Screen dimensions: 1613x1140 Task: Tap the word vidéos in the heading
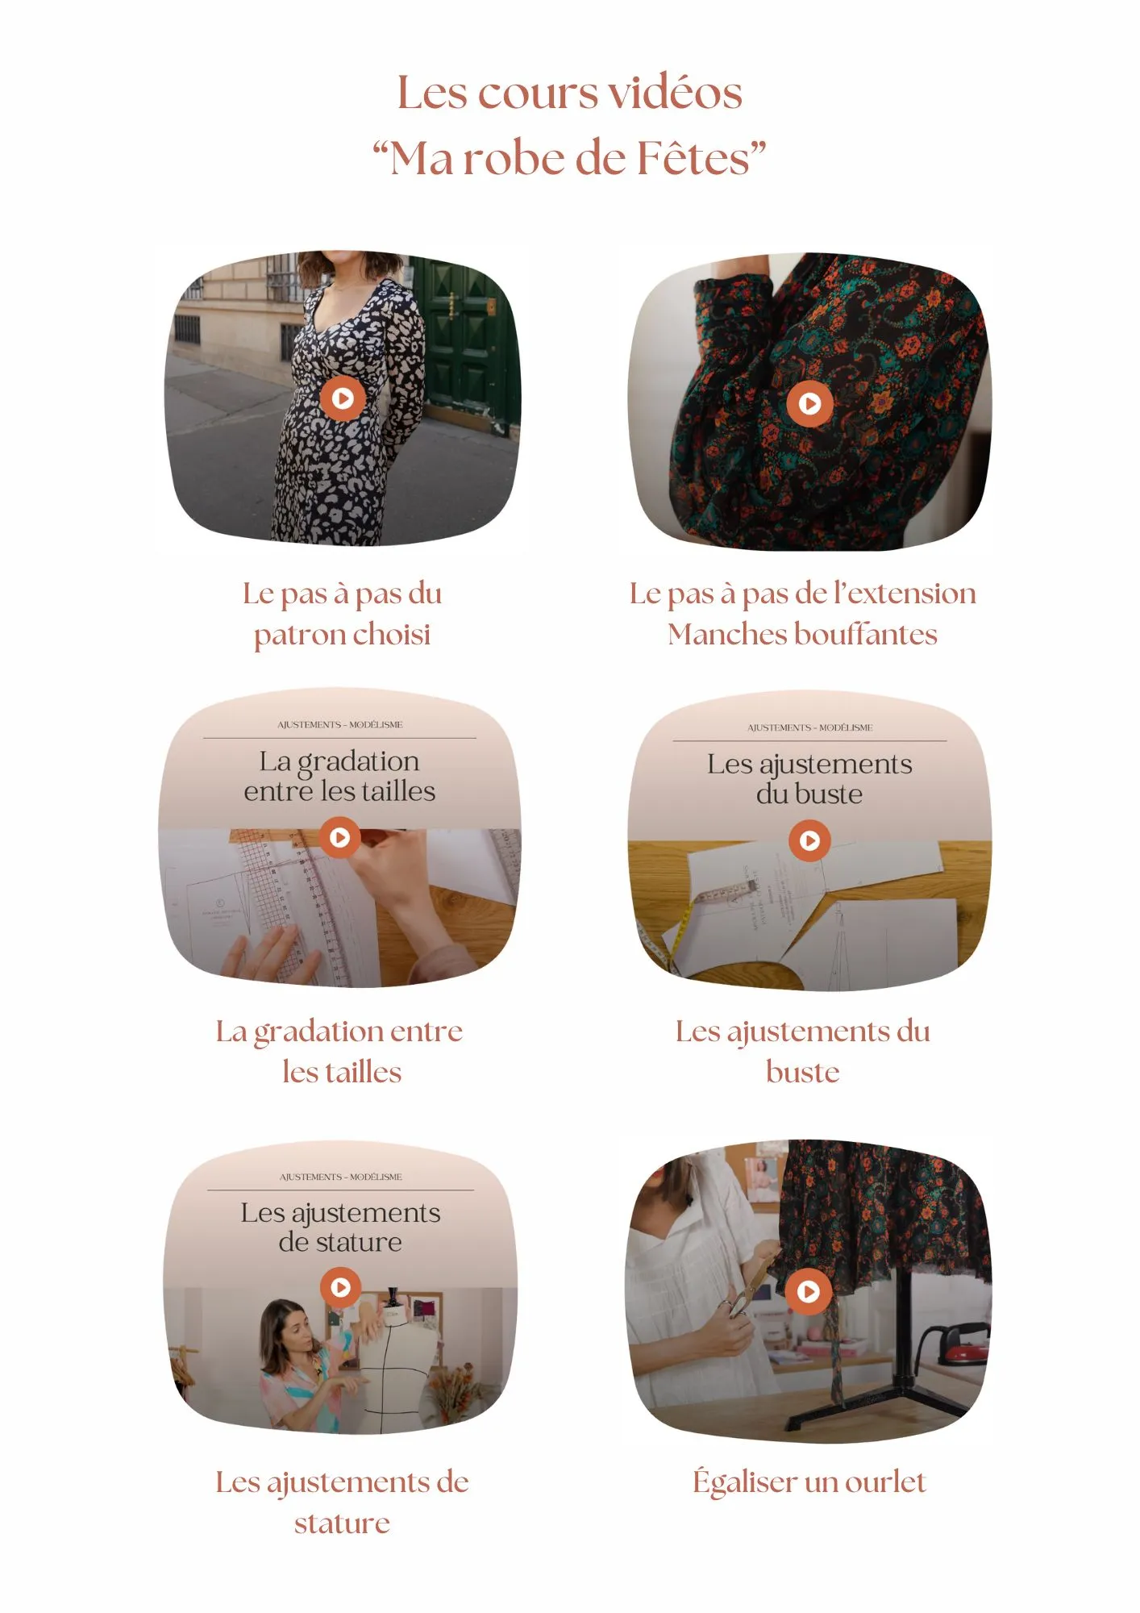click(675, 93)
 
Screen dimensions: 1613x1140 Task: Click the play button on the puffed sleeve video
click(809, 402)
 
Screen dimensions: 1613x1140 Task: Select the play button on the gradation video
click(340, 837)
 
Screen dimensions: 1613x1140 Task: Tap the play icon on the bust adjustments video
click(809, 840)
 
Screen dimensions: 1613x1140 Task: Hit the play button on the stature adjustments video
click(340, 1287)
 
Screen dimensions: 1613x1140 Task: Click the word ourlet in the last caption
click(885, 1482)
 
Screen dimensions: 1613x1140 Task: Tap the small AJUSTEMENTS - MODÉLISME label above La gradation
click(339, 725)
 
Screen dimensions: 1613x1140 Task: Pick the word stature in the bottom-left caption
click(342, 1523)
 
